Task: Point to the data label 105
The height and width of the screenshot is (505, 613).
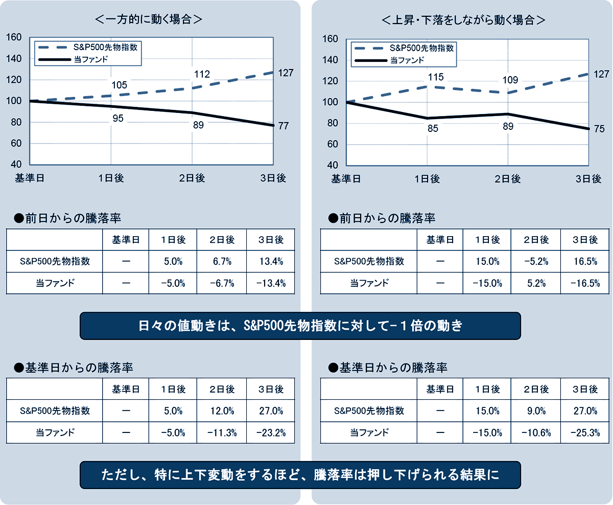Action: click(119, 85)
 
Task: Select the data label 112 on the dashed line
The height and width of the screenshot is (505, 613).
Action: click(202, 75)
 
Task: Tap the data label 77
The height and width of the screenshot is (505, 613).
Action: click(284, 126)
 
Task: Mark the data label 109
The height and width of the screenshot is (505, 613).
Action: click(510, 80)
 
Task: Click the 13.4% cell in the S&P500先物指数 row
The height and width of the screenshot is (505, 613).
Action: click(271, 261)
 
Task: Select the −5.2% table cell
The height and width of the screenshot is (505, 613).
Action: click(536, 261)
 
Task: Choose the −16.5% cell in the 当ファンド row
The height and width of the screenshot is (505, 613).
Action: click(584, 283)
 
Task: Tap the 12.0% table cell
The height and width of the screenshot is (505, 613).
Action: click(222, 410)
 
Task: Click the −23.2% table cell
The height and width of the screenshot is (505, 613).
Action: click(271, 432)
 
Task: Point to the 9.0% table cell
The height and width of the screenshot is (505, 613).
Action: click(536, 410)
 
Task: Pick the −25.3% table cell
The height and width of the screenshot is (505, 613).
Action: click(584, 432)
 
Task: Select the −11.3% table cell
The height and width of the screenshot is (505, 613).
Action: click(222, 432)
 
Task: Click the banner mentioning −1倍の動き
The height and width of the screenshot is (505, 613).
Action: click(300, 326)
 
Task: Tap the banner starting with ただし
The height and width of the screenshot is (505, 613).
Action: click(300, 475)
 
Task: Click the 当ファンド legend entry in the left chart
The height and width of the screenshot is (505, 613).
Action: click(89, 60)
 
